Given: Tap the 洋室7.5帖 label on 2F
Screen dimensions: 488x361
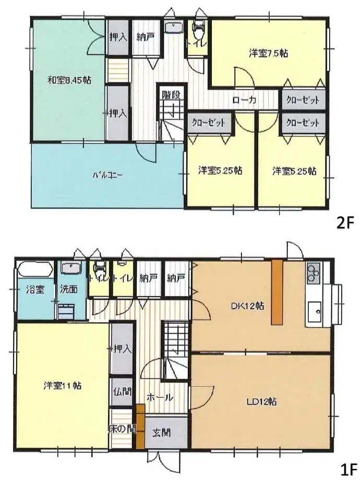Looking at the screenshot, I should [x=269, y=53].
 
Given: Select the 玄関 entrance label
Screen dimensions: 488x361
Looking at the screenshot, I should [x=160, y=432].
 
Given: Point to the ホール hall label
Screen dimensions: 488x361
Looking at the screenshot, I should [x=160, y=397].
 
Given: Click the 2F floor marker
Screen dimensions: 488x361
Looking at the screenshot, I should [x=345, y=223].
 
